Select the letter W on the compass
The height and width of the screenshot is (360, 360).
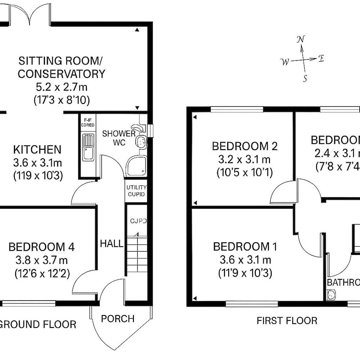coord(285,62)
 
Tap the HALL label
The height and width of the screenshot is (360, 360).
coord(111,244)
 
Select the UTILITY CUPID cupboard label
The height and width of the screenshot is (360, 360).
coord(136,191)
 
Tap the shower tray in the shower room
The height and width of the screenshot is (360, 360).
coord(136,166)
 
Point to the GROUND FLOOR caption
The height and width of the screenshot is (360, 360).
coord(38,324)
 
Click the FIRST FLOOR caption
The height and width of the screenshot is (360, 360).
coord(287,320)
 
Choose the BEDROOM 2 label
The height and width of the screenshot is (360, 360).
coord(244,147)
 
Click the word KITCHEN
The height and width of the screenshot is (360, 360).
coord(37,149)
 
